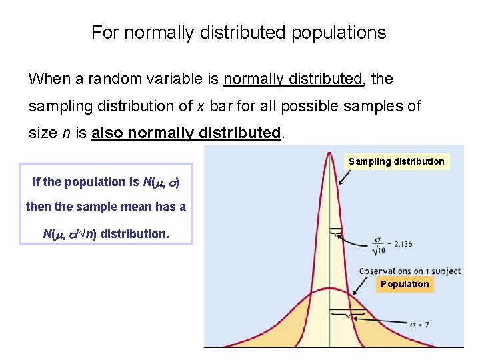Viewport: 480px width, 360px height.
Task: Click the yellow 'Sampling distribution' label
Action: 396,161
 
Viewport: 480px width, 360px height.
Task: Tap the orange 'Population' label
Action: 405,284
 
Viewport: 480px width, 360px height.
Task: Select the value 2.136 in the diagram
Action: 399,244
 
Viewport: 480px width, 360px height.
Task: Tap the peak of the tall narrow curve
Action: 329,155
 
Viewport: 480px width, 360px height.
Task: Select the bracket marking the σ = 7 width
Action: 347,312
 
